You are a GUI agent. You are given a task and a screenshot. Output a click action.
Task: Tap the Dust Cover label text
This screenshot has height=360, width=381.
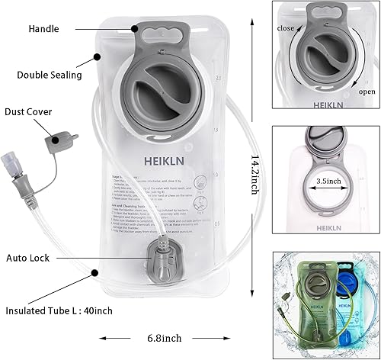coord(27,112)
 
